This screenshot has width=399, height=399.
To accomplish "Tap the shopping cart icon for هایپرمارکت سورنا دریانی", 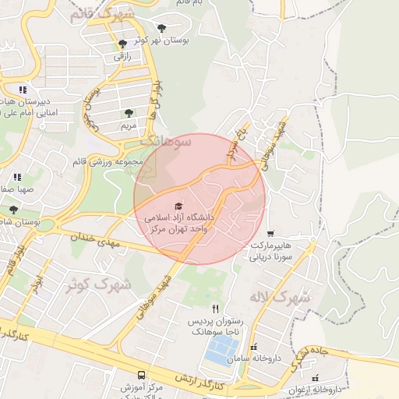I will (270, 233).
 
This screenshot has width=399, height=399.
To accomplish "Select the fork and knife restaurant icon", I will (216, 309).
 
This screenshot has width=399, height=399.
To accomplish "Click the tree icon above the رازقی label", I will (122, 44).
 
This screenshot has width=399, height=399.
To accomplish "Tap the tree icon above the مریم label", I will (129, 113).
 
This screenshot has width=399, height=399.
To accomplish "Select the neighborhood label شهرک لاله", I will (280, 297).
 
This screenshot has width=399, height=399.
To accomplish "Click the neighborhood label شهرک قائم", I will (101, 14).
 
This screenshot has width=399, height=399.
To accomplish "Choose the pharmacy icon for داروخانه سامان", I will (253, 347).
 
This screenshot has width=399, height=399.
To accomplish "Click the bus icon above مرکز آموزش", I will (141, 375).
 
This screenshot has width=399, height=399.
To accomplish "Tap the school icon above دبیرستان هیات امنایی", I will (23, 90).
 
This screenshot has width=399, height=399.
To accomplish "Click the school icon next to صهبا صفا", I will (17, 178).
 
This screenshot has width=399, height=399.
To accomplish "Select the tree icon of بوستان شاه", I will (13, 210).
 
